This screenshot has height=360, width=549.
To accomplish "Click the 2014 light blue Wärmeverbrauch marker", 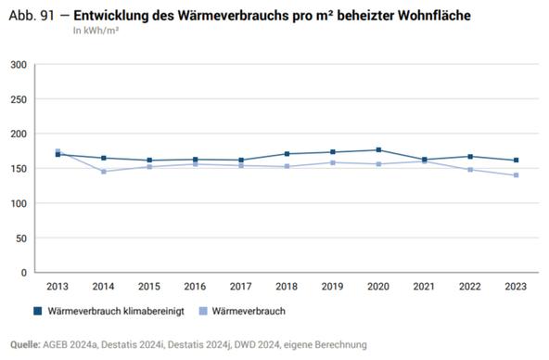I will click(x=104, y=172).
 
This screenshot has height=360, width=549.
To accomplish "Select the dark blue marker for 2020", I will click(x=378, y=150).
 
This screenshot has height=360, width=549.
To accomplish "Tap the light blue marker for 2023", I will click(x=516, y=175).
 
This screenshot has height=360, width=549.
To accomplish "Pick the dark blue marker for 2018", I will click(x=287, y=154).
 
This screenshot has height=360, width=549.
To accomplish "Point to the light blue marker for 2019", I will click(x=333, y=162).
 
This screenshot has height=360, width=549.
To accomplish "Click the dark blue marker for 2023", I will click(x=516, y=161).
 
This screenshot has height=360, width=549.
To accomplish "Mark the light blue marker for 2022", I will click(x=470, y=170).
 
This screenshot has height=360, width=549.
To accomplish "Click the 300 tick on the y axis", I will click(x=19, y=65).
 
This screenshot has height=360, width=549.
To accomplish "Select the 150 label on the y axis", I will click(x=19, y=169).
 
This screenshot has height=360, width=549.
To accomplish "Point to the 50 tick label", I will click(x=21, y=238).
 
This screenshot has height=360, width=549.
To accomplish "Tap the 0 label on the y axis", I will click(x=24, y=273).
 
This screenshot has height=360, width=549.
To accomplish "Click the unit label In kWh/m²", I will click(x=96, y=30).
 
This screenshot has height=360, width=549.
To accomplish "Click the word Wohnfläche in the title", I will click(x=407, y=14).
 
